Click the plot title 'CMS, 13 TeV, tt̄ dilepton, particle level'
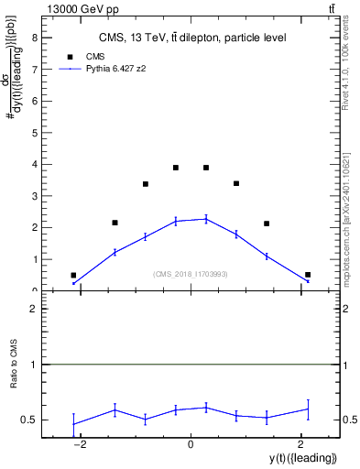[x=192, y=38]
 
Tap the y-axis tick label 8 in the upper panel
[x=34, y=38]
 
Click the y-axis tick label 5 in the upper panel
[x=34, y=133]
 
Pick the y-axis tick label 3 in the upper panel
[x=34, y=196]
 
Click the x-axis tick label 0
[x=191, y=444]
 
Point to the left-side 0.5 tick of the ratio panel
[x=29, y=420]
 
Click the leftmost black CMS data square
[x=73, y=275]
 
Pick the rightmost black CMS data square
[x=308, y=275]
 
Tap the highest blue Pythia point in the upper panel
[x=206, y=219]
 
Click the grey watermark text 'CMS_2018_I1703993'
[x=191, y=274]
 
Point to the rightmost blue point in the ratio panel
[x=308, y=409]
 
